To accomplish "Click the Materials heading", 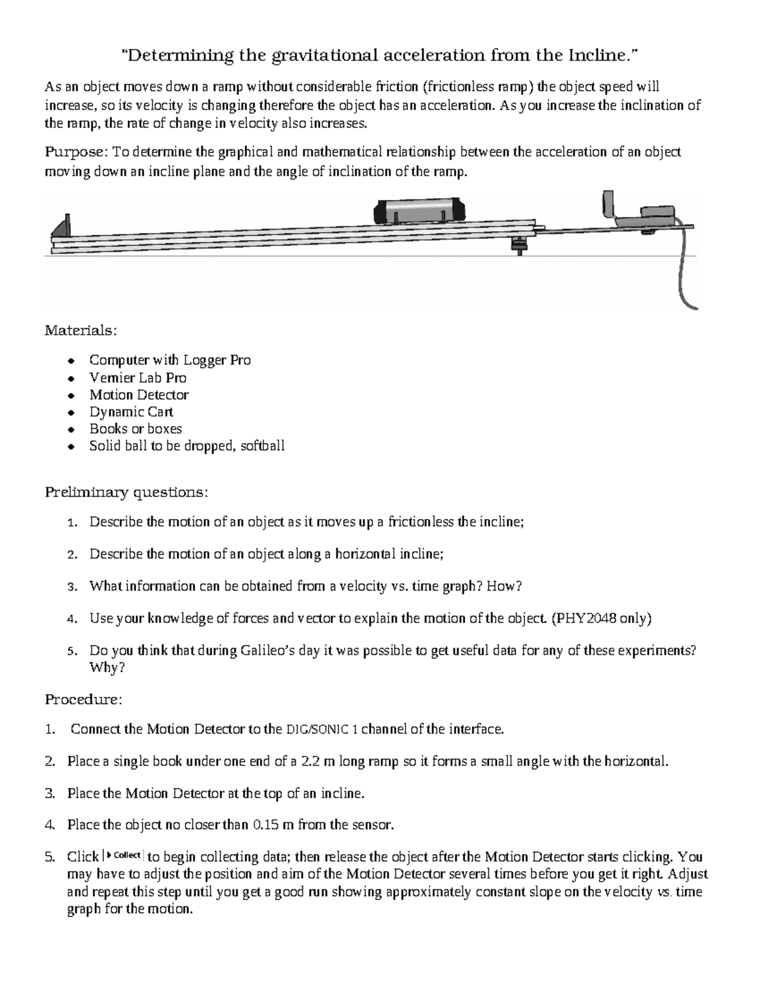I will pos(72,330).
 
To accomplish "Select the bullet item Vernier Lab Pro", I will pos(137,378).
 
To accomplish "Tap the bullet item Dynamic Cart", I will pos(130,412).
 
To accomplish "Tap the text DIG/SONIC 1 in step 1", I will pos(322,730).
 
